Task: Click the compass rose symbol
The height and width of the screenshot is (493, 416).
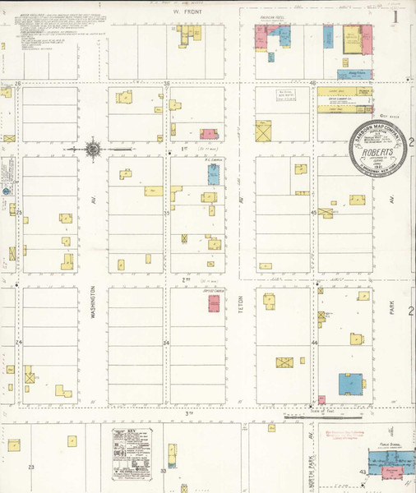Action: pyautogui.click(x=93, y=149)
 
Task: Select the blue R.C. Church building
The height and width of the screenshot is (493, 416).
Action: pyautogui.click(x=214, y=173)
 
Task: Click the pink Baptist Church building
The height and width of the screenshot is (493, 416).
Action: pyautogui.click(x=214, y=302)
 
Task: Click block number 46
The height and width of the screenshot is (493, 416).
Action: pyautogui.click(x=313, y=83)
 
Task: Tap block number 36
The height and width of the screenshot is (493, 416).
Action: pyautogui.click(x=166, y=83)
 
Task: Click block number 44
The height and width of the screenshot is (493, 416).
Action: pyautogui.click(x=314, y=342)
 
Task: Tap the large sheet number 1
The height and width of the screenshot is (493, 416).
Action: pyautogui.click(x=395, y=15)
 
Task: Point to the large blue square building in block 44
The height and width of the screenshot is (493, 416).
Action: pyautogui.click(x=352, y=385)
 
